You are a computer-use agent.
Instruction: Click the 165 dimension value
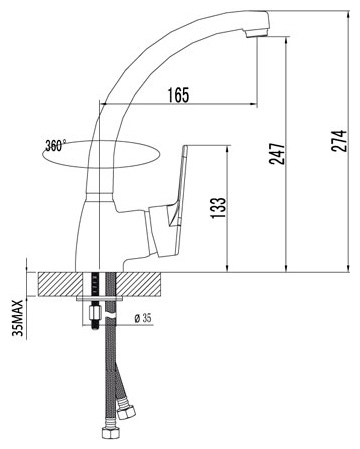click(178, 95)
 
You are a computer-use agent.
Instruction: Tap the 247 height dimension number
click(277, 154)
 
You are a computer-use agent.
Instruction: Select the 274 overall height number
click(339, 141)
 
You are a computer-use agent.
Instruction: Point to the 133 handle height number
click(218, 208)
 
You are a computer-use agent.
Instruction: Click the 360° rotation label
click(55, 146)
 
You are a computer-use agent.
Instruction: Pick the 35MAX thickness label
click(17, 318)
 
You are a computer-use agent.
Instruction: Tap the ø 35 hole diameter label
click(143, 318)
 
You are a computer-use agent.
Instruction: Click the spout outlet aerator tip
click(257, 33)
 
